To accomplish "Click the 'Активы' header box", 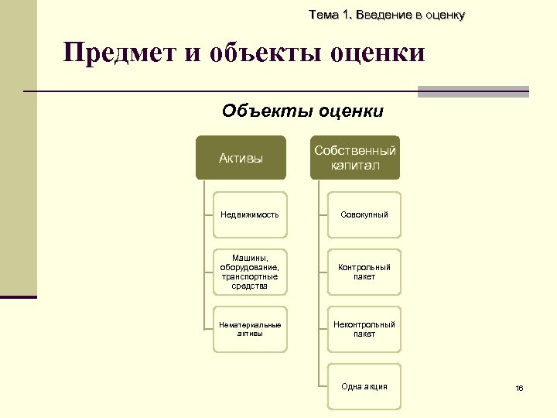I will [x=241, y=159].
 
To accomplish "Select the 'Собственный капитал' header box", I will [x=355, y=159].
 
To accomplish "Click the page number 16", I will [x=519, y=388].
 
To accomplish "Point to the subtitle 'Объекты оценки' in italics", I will [x=302, y=111].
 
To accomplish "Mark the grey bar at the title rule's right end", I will [x=473, y=91].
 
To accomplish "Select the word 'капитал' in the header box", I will [x=355, y=166].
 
